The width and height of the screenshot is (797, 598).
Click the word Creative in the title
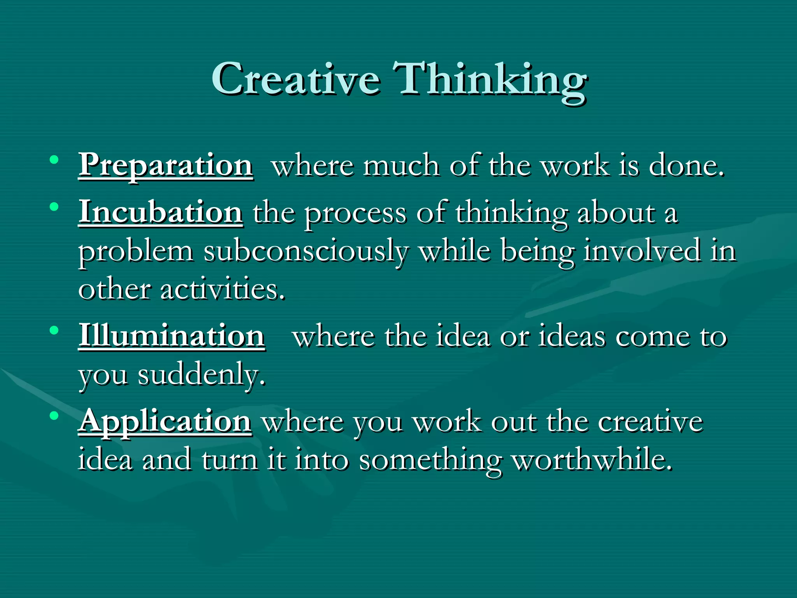coord(296,80)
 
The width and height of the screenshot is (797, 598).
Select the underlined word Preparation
coord(166,166)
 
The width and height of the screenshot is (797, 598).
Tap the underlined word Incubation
coord(161,213)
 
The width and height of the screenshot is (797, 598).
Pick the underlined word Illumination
coord(172,336)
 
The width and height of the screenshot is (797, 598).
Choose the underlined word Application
coord(165,422)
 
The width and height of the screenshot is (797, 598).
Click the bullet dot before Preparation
coord(54,160)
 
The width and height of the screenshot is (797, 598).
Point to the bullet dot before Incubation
coord(54,206)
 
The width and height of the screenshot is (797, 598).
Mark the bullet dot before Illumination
coord(54,331)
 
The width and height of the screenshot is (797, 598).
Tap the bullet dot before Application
coord(54,416)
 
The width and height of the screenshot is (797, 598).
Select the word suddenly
coord(202,376)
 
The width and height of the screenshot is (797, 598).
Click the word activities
coord(223,290)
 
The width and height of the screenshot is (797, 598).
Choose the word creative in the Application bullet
coord(650,422)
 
